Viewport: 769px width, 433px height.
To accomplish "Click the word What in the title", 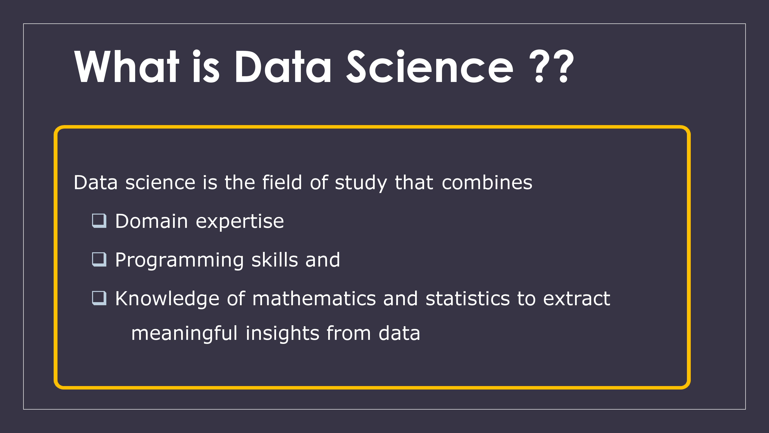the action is pyautogui.click(x=127, y=66).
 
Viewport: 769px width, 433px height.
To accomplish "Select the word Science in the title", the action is pyautogui.click(x=430, y=66).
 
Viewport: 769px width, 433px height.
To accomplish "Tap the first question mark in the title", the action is pyautogui.click(x=539, y=66).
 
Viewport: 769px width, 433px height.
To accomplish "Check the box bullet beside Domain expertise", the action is pyautogui.click(x=99, y=221).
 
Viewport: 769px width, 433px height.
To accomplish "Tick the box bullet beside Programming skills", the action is pyautogui.click(x=99, y=259).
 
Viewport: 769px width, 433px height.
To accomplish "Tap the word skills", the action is pyautogui.click(x=275, y=259).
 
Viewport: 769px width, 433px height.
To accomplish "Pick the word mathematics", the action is pyautogui.click(x=314, y=298).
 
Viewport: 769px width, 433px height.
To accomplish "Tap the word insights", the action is pyautogui.click(x=282, y=334).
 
